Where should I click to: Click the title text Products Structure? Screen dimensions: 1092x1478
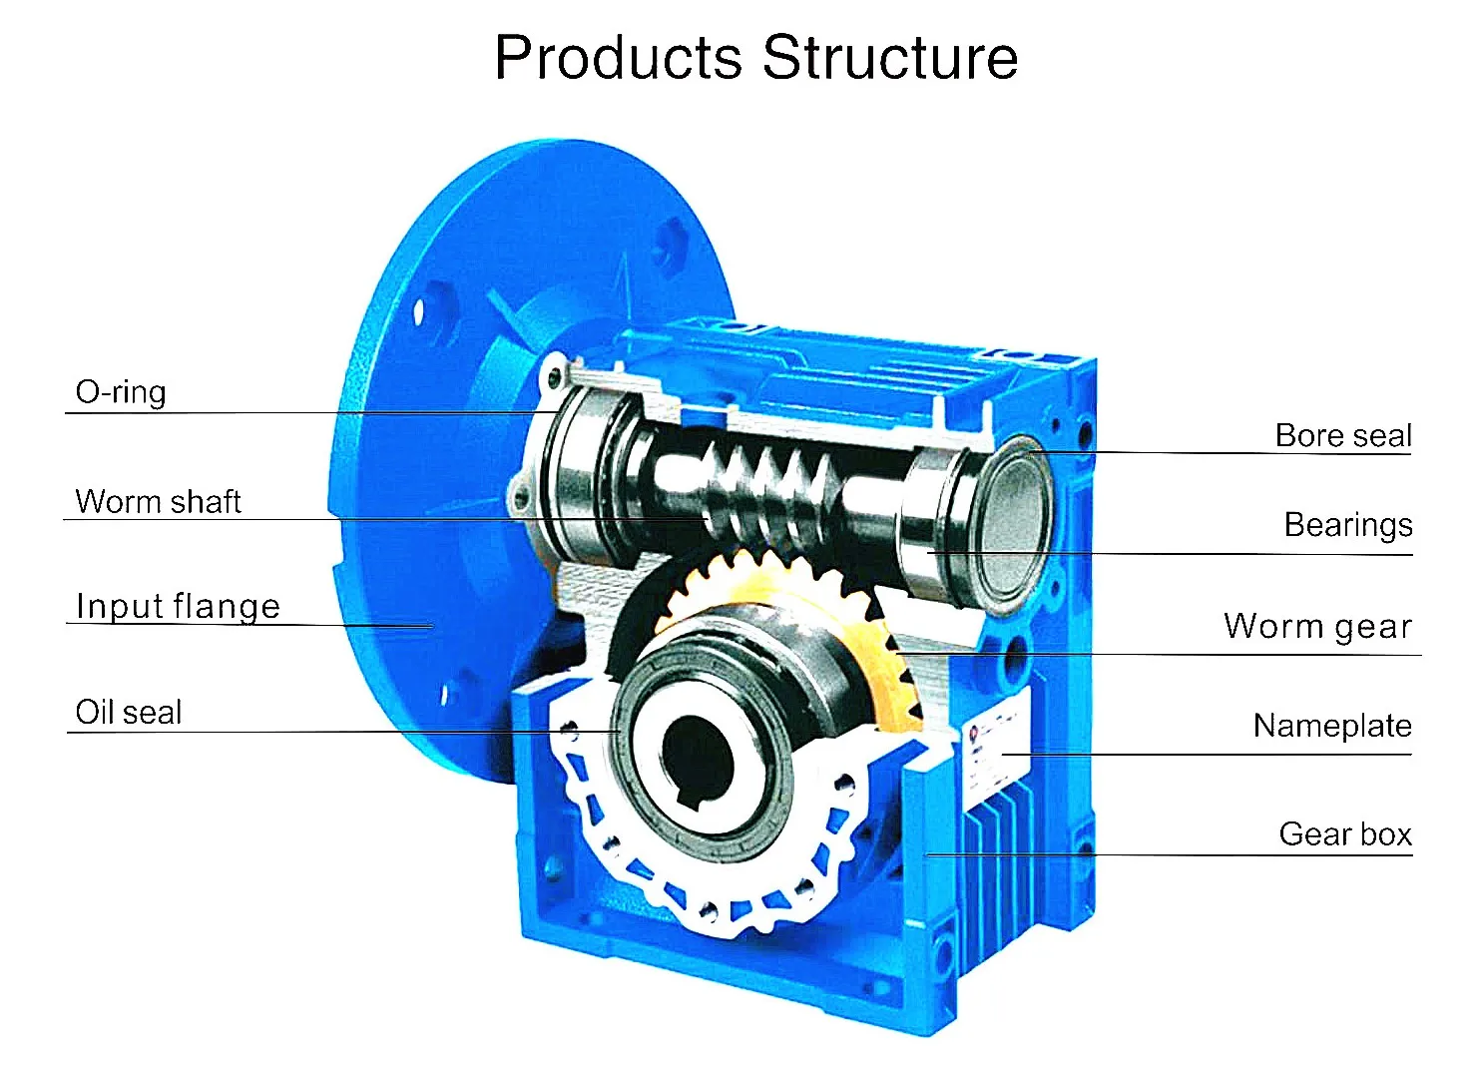(x=755, y=58)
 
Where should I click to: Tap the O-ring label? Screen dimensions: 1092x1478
(x=121, y=392)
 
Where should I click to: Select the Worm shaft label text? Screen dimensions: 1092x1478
(x=158, y=501)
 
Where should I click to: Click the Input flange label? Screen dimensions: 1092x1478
(x=178, y=607)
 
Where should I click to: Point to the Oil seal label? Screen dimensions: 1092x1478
(x=129, y=713)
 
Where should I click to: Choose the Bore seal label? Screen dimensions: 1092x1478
(x=1342, y=436)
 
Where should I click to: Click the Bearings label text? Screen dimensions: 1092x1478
(x=1347, y=525)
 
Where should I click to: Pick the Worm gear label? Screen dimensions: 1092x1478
(x=1317, y=627)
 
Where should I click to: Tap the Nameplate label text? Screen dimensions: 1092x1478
(x=1331, y=726)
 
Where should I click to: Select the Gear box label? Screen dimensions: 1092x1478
(x=1344, y=834)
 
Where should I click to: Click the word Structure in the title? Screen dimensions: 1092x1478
(x=890, y=58)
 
